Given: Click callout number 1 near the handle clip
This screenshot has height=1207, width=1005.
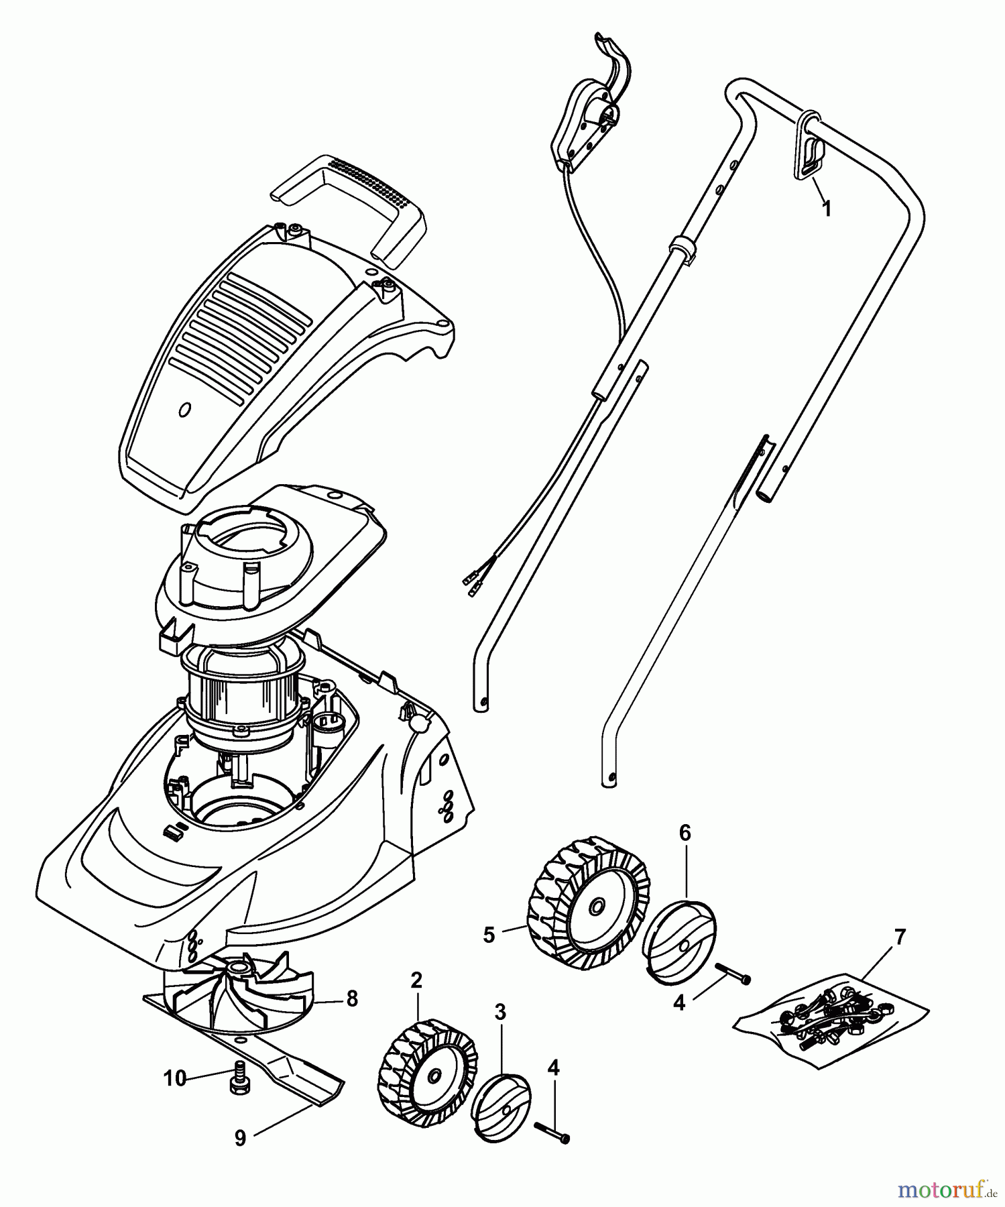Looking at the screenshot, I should pyautogui.click(x=827, y=209).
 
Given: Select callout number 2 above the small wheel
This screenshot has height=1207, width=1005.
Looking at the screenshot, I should pyautogui.click(x=416, y=980).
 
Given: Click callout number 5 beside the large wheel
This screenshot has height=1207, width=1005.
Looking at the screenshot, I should pyautogui.click(x=489, y=935).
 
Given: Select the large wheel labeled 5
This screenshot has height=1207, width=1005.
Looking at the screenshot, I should pyautogui.click(x=589, y=902).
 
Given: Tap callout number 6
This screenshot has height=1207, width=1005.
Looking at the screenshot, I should pyautogui.click(x=685, y=833).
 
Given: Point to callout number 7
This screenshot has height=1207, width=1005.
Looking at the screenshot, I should pyautogui.click(x=900, y=935).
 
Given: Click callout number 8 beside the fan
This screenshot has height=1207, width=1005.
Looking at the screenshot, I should pyautogui.click(x=352, y=999).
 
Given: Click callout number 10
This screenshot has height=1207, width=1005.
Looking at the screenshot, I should pyautogui.click(x=174, y=1078).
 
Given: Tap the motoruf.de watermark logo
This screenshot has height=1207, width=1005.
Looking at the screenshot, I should pyautogui.click(x=945, y=1190).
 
